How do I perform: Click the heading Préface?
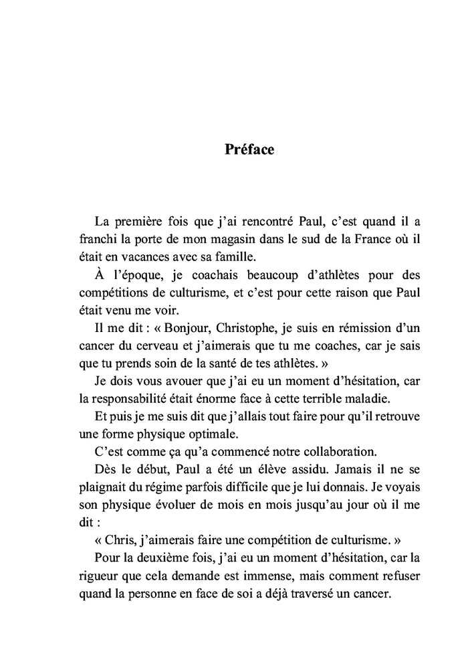point(249,149)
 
